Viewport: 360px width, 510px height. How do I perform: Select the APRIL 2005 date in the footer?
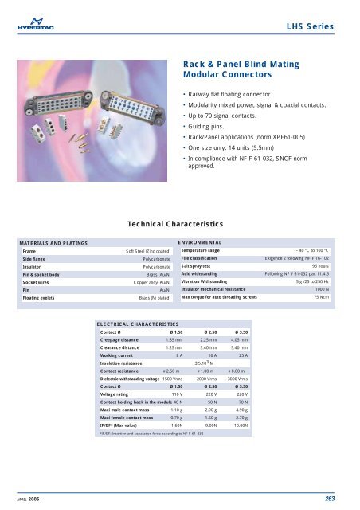tap(29, 498)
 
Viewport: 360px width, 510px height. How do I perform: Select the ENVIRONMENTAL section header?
tap(205, 240)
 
